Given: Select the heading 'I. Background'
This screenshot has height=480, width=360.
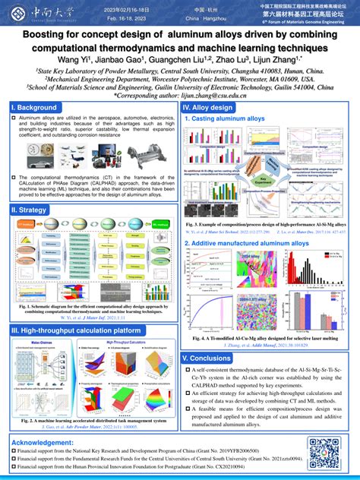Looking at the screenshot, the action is (x=36, y=108).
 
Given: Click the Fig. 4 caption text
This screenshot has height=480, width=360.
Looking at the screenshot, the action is (x=270, y=338).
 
